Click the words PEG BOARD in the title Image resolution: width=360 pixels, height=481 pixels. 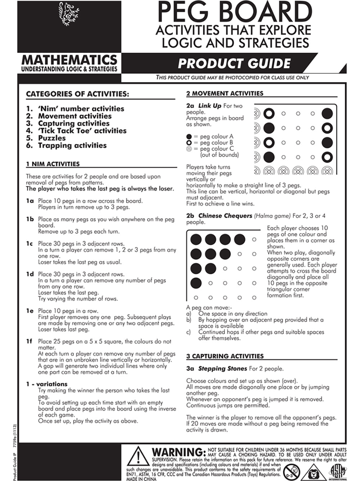(x=234, y=12)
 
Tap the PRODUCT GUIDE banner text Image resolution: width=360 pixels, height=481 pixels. (x=234, y=64)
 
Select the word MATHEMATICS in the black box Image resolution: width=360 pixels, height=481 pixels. (x=69, y=59)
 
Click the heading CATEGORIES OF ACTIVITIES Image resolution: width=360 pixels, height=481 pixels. (x=77, y=94)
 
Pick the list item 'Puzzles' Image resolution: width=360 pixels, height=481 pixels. (x=52, y=138)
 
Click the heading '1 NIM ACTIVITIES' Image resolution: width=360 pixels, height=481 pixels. (x=53, y=164)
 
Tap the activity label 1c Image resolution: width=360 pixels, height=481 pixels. (x=30, y=244)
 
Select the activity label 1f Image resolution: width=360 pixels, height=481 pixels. (x=29, y=341)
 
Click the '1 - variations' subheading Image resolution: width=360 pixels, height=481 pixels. (x=46, y=384)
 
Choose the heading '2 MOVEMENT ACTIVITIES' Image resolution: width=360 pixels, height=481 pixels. (x=225, y=94)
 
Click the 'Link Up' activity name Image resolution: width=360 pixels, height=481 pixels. (x=210, y=106)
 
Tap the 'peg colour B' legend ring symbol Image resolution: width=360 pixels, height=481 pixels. (x=189, y=143)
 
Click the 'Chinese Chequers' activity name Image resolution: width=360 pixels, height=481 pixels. (x=225, y=216)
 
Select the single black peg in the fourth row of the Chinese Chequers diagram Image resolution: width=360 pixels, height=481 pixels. (x=196, y=283)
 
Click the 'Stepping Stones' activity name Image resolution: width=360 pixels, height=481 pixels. (x=222, y=369)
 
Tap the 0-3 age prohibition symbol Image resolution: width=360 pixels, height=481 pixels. (x=291, y=472)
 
